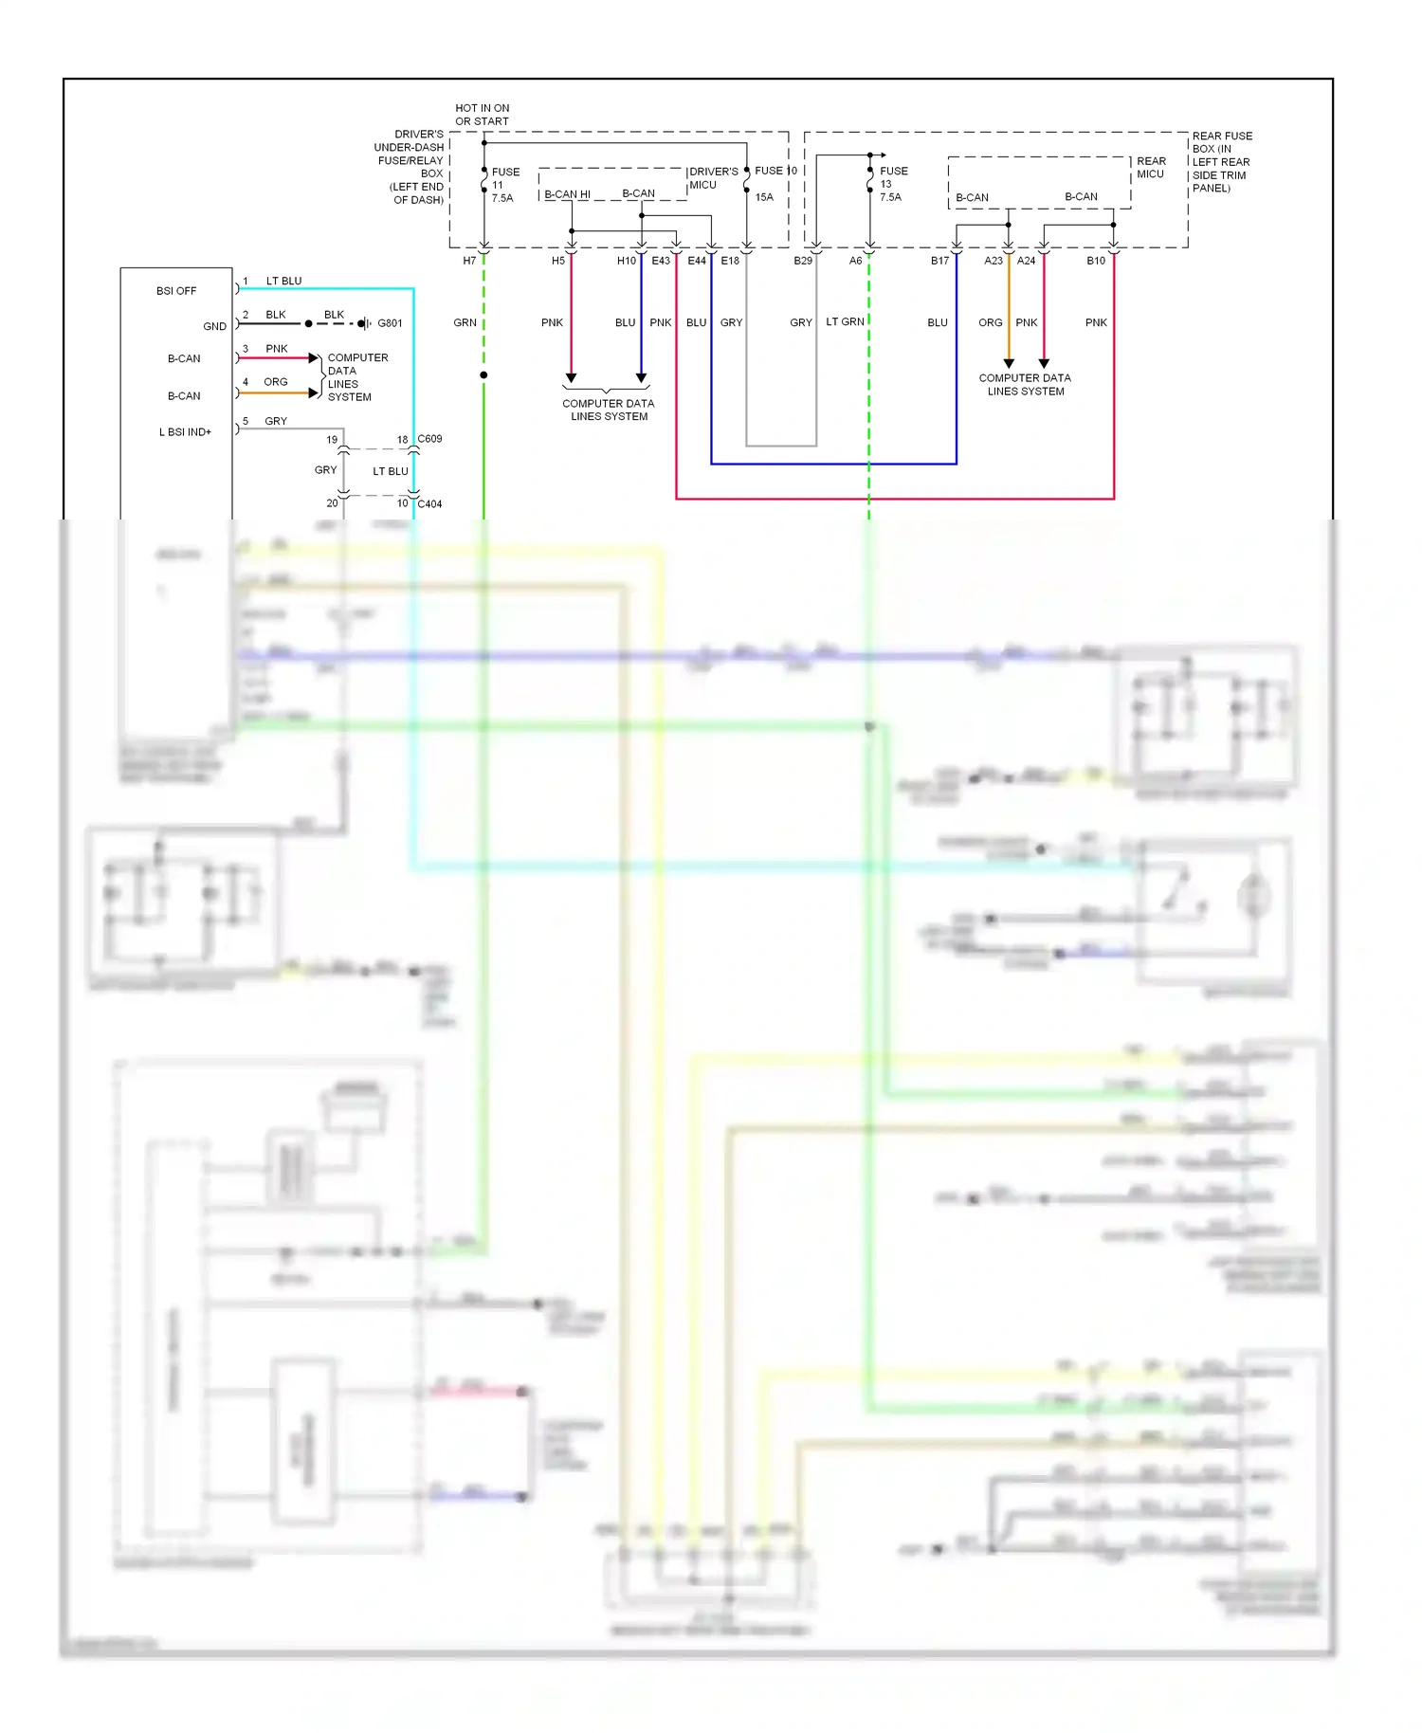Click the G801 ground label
[390, 323]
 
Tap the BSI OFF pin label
[176, 291]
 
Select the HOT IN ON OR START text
[482, 115]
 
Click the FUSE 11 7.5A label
[503, 185]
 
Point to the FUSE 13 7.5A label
[892, 184]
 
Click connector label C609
[429, 439]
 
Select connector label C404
[429, 504]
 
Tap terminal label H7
[469, 261]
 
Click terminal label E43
[661, 261]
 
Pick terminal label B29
[803, 261]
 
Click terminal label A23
[993, 261]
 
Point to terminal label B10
[1095, 261]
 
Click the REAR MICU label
[1151, 168]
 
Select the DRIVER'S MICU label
[713, 178]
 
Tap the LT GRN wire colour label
[845, 322]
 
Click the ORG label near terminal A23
[990, 322]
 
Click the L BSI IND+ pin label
[185, 432]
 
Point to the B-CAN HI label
[567, 194]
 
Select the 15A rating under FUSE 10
[764, 197]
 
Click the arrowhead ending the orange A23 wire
[1009, 363]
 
